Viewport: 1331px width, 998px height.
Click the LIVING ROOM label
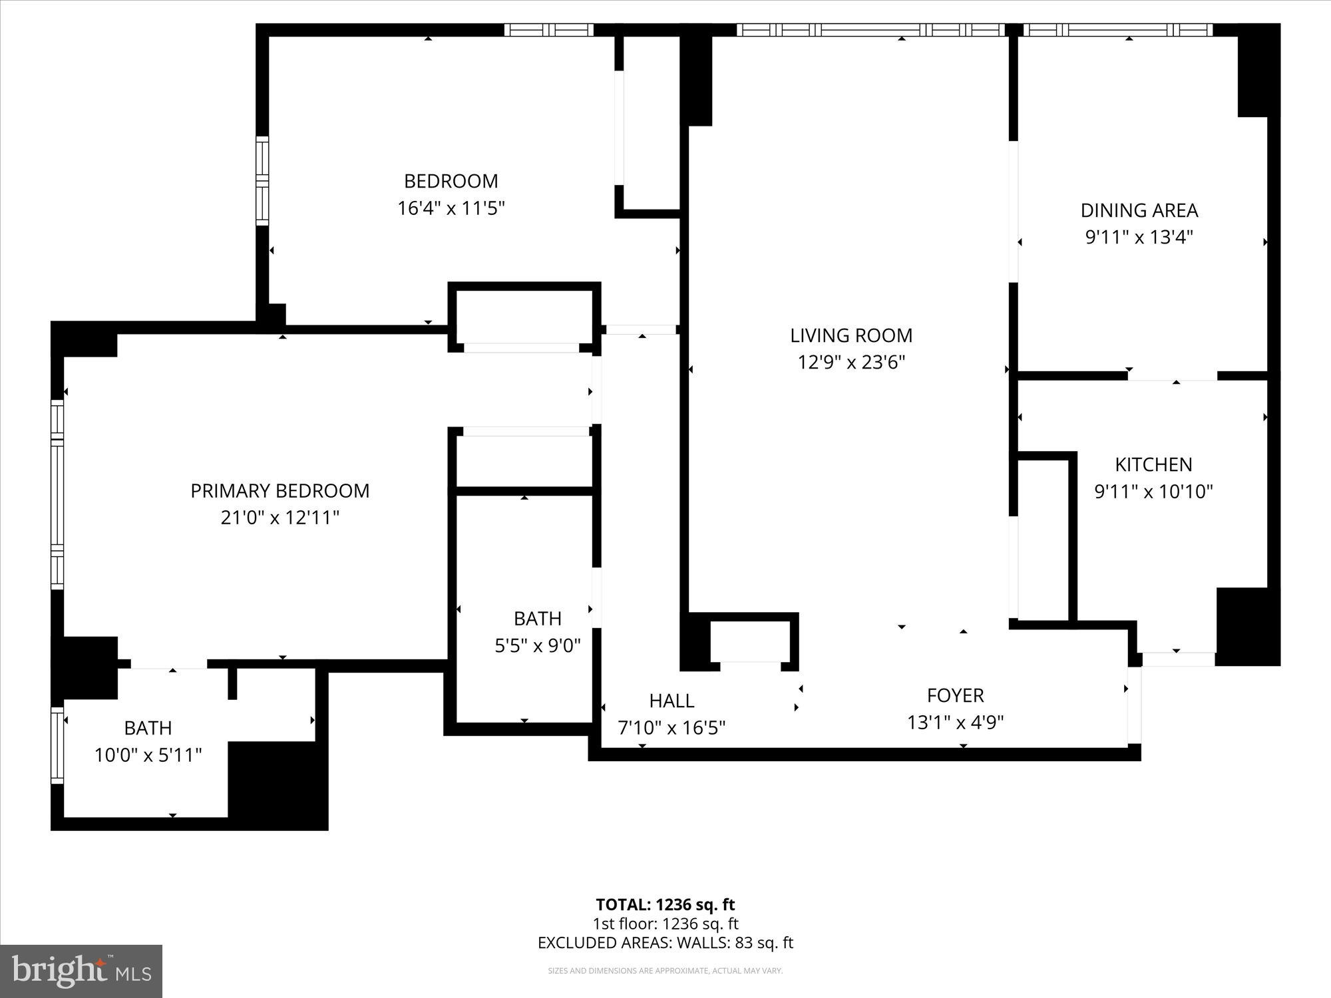[x=851, y=335]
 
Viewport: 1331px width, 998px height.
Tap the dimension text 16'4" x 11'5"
[x=451, y=208]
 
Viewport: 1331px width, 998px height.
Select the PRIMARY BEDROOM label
[x=280, y=490]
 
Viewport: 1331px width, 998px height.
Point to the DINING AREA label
[x=1139, y=210]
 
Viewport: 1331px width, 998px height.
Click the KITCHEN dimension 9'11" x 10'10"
[x=1153, y=492]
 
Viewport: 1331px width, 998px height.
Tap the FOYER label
[x=955, y=695]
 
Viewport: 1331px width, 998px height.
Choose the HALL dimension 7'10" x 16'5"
[x=671, y=728]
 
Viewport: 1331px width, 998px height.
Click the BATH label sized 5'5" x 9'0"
[x=537, y=619]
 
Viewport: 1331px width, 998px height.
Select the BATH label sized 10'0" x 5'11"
[x=148, y=728]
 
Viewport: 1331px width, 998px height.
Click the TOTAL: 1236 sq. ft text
[x=665, y=904]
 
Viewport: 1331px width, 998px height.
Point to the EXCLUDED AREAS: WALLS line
[x=665, y=943]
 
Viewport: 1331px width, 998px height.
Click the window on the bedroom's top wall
[x=548, y=30]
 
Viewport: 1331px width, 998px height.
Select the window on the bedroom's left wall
[x=262, y=180]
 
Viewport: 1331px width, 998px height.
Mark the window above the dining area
[x=1118, y=30]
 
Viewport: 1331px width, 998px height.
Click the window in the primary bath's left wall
[x=58, y=745]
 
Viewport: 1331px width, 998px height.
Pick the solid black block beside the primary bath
[x=278, y=785]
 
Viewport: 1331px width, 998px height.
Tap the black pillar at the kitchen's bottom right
[x=1246, y=625]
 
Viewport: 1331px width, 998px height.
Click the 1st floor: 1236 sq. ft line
[x=665, y=923]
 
